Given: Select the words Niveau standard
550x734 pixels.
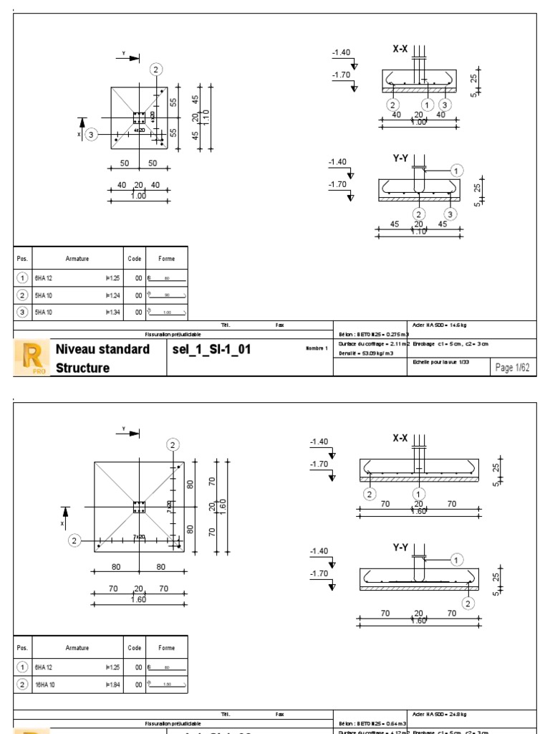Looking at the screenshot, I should tap(102, 350).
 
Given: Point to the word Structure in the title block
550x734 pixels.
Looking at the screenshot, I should tap(82, 368).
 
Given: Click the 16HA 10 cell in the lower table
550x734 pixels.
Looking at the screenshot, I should tap(47, 686).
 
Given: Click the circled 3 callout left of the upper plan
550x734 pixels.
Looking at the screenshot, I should tap(91, 134).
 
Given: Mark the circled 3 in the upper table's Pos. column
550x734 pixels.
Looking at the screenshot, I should tap(23, 311).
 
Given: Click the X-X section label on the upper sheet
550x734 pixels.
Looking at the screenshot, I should tap(400, 49).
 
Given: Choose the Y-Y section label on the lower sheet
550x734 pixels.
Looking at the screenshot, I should tap(401, 548).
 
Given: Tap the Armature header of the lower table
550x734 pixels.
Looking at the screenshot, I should tap(77, 647).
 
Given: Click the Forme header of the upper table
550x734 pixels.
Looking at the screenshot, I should tap(166, 259).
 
